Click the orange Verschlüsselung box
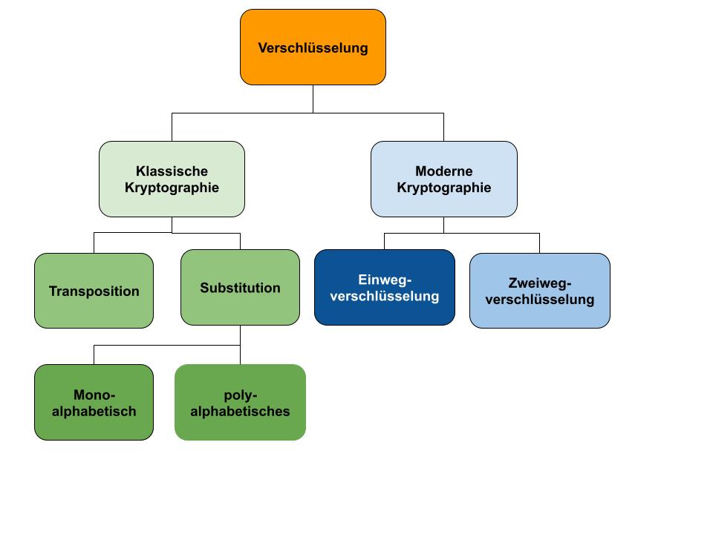(x=313, y=47)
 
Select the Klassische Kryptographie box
(x=172, y=179)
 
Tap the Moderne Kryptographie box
(x=443, y=179)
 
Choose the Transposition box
(x=94, y=291)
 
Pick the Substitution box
(x=240, y=288)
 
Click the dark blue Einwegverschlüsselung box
(x=384, y=287)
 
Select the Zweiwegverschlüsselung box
(x=539, y=291)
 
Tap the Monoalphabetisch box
(x=94, y=402)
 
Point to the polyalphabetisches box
(x=240, y=402)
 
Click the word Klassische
(x=172, y=171)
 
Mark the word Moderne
(x=443, y=171)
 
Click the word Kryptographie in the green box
(x=172, y=188)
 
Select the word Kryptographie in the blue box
(x=443, y=188)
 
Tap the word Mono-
(x=94, y=395)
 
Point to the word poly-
(x=240, y=395)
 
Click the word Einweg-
(x=384, y=280)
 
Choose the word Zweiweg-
(x=540, y=283)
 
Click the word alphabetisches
(x=240, y=411)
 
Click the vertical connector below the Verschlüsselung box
(x=313, y=99)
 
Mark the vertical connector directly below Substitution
(x=240, y=335)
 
